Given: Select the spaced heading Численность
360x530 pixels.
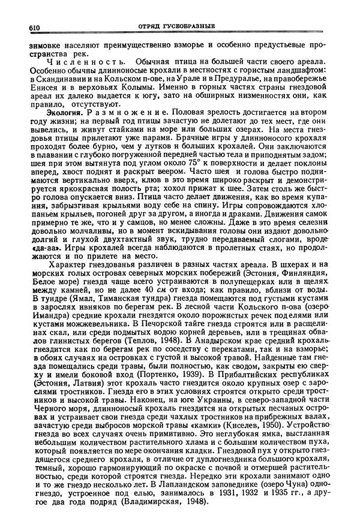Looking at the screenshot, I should point(79,62).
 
